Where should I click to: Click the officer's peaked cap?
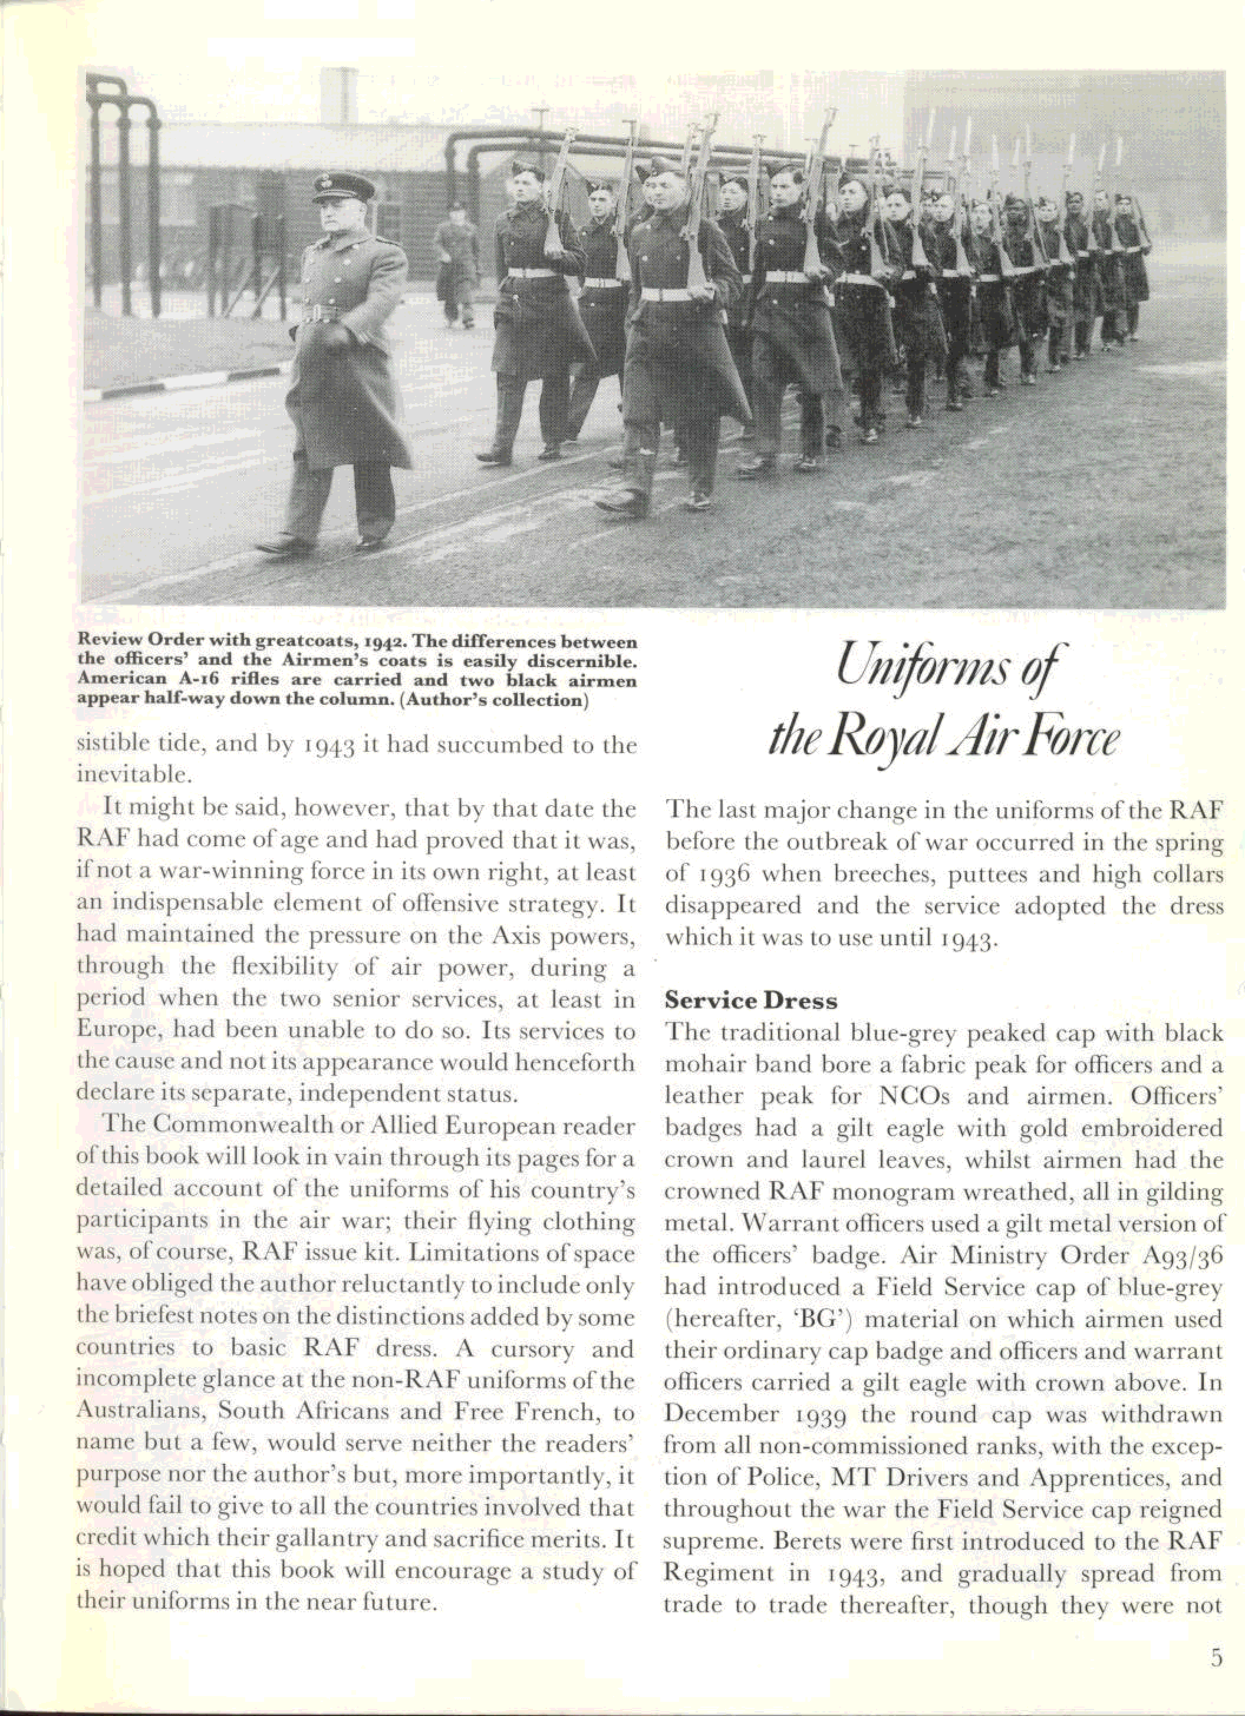(x=343, y=187)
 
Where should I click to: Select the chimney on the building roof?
(x=339, y=94)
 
